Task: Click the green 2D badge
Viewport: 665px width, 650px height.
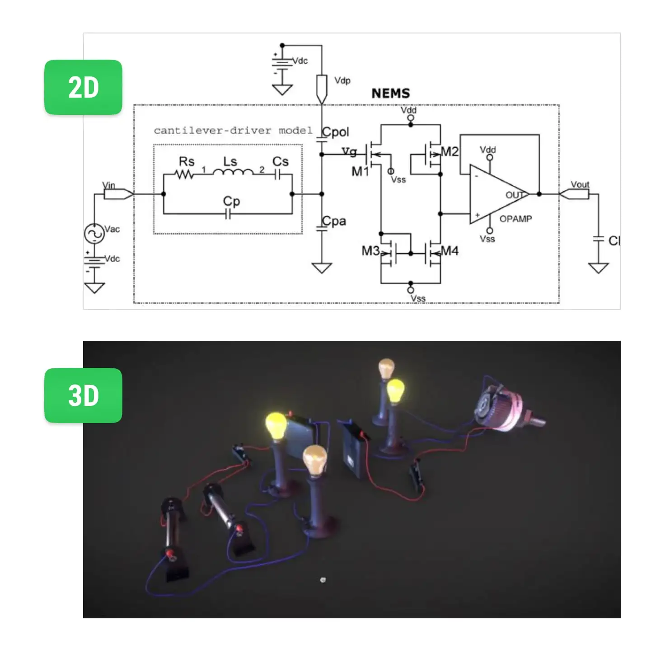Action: pyautogui.click(x=83, y=87)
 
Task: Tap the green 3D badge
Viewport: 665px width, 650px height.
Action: pyautogui.click(x=83, y=395)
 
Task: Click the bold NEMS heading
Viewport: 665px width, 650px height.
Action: pyautogui.click(x=391, y=94)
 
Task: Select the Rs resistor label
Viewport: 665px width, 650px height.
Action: pyautogui.click(x=187, y=161)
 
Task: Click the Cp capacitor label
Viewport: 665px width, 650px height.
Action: pyautogui.click(x=231, y=202)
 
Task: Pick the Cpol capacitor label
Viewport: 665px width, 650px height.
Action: pyautogui.click(x=336, y=132)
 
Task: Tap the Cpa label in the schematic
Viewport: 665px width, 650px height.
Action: pyautogui.click(x=334, y=221)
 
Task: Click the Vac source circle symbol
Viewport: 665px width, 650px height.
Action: pyautogui.click(x=94, y=234)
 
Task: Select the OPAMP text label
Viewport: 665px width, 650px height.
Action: pyautogui.click(x=515, y=219)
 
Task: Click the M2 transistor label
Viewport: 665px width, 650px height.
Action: pyautogui.click(x=450, y=151)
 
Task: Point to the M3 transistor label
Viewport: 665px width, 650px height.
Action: pyautogui.click(x=370, y=251)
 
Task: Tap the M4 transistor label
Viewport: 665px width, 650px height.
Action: pyautogui.click(x=450, y=251)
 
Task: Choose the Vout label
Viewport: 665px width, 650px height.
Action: pyautogui.click(x=580, y=184)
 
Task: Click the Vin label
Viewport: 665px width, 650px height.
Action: pyautogui.click(x=109, y=185)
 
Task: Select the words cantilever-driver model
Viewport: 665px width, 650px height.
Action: pyautogui.click(x=233, y=131)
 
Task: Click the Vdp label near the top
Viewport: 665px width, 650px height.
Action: pyautogui.click(x=342, y=81)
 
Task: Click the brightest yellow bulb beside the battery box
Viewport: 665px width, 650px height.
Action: pyautogui.click(x=276, y=426)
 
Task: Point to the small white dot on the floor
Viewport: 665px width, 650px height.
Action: pyautogui.click(x=323, y=579)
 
